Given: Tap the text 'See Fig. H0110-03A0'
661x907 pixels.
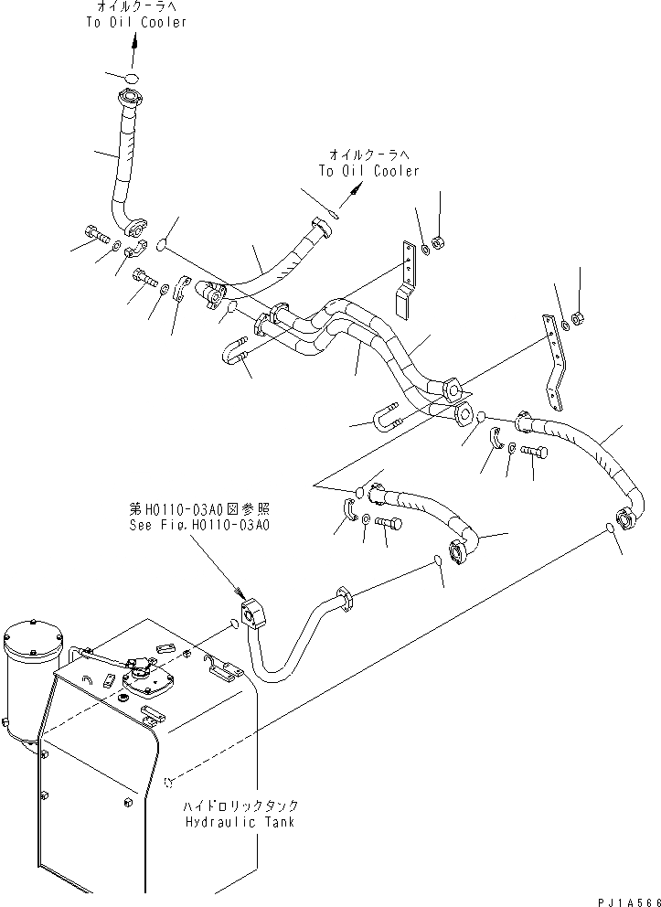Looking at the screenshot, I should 199,527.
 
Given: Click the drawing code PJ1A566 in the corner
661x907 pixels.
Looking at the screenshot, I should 627,900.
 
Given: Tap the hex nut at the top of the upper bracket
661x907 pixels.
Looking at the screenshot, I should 438,244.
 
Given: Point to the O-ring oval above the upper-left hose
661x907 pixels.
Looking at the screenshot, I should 131,77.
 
